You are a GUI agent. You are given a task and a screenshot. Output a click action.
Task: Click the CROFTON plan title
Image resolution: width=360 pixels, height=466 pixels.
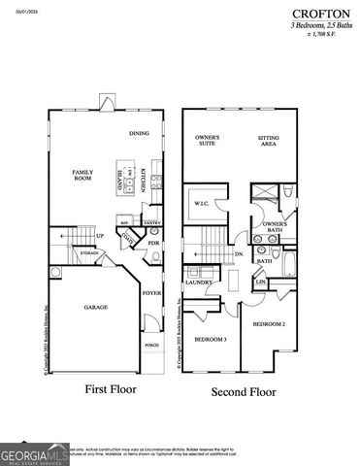pyautogui.click(x=324, y=14)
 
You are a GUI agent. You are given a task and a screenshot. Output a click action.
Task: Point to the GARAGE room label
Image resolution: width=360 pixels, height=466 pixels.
pyautogui.click(x=95, y=307)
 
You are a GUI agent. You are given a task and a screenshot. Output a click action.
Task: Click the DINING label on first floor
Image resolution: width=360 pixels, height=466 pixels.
pyautogui.click(x=139, y=133)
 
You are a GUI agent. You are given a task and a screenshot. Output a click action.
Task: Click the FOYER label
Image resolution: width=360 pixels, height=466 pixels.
pyautogui.click(x=151, y=291)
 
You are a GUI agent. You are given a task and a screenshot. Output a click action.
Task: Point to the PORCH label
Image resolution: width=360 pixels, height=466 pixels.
pyautogui.click(x=151, y=345)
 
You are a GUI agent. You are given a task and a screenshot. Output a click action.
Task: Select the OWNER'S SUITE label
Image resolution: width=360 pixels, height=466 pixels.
pyautogui.click(x=207, y=141)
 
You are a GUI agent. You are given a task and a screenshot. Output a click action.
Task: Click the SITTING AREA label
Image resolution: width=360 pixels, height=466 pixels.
pyautogui.click(x=269, y=141)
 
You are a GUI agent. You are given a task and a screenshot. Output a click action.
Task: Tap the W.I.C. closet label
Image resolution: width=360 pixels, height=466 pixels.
pyautogui.click(x=202, y=204)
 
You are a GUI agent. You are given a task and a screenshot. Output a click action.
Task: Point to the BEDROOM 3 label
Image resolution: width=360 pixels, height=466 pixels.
pyautogui.click(x=210, y=339)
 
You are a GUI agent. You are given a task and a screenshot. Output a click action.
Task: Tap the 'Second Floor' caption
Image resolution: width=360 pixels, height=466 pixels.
pyautogui.click(x=244, y=392)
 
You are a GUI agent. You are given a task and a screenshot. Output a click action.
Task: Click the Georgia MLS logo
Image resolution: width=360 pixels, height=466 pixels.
pyautogui.click(x=35, y=452)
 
